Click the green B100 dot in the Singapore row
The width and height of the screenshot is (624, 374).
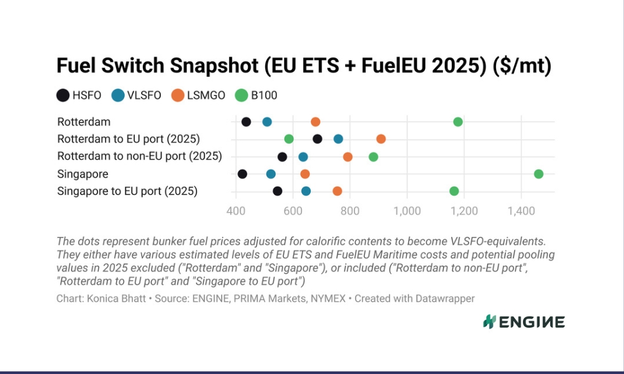(x=539, y=174)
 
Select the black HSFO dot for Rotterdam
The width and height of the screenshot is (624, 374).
(x=246, y=122)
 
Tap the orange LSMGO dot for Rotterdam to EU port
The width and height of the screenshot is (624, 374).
(x=381, y=139)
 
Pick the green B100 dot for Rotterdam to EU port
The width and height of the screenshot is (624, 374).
(x=289, y=139)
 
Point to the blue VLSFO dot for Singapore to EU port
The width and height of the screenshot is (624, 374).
(x=306, y=191)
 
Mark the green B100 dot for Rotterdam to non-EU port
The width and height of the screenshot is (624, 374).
(x=373, y=157)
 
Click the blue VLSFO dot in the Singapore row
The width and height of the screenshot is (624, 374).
(x=271, y=174)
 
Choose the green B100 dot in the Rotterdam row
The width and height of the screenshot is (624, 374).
(x=458, y=122)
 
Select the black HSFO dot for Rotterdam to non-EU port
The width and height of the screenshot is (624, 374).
(x=282, y=157)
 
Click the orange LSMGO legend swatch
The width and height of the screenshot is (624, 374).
(x=178, y=95)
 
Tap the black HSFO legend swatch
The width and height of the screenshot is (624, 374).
(x=63, y=95)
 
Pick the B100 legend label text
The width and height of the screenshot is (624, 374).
(x=264, y=95)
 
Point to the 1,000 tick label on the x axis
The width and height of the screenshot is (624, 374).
(x=407, y=211)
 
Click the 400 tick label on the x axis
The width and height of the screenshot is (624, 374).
(x=236, y=211)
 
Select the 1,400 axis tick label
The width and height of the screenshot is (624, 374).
(x=521, y=211)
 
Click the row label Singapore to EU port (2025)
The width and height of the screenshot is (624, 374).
(x=127, y=191)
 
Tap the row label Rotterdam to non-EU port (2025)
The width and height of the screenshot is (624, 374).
(x=140, y=156)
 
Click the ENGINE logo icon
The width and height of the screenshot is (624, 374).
(x=489, y=322)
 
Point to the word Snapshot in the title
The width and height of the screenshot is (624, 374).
(x=215, y=65)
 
